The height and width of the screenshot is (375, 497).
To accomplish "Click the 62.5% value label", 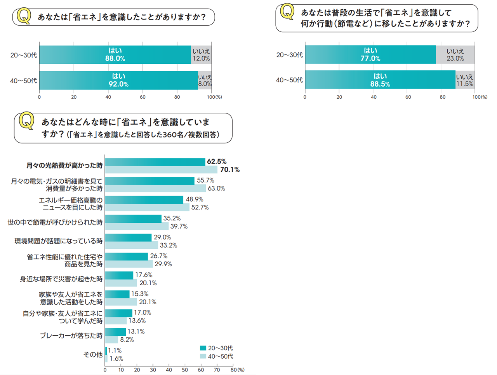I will click(x=217, y=161).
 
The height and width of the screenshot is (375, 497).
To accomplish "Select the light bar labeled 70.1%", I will click(x=161, y=170).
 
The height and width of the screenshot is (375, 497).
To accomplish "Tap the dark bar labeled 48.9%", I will click(x=144, y=200).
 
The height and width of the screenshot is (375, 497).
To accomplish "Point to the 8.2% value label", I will click(x=127, y=340).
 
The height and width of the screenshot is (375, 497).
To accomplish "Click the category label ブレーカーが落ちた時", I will click(x=71, y=335).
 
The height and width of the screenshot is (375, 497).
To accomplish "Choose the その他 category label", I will click(x=93, y=354).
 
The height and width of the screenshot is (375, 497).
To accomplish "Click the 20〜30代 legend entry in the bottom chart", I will click(x=216, y=348).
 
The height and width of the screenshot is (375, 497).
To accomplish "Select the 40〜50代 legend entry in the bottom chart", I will click(x=216, y=356).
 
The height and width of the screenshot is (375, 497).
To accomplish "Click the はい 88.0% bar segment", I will click(x=115, y=55).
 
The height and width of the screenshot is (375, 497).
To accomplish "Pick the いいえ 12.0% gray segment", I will click(x=201, y=55).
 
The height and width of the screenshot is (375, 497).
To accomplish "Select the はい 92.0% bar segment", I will click(x=118, y=80).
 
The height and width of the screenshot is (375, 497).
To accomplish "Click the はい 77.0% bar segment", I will click(x=370, y=54).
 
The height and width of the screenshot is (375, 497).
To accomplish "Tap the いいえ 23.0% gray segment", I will click(x=455, y=54).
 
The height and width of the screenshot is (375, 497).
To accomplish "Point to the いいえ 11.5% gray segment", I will click(x=465, y=80).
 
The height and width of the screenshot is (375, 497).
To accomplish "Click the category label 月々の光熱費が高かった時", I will click(x=64, y=166).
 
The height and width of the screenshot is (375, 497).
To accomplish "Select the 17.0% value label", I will click(x=142, y=312).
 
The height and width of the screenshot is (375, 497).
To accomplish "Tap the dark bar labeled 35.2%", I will click(x=133, y=219).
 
